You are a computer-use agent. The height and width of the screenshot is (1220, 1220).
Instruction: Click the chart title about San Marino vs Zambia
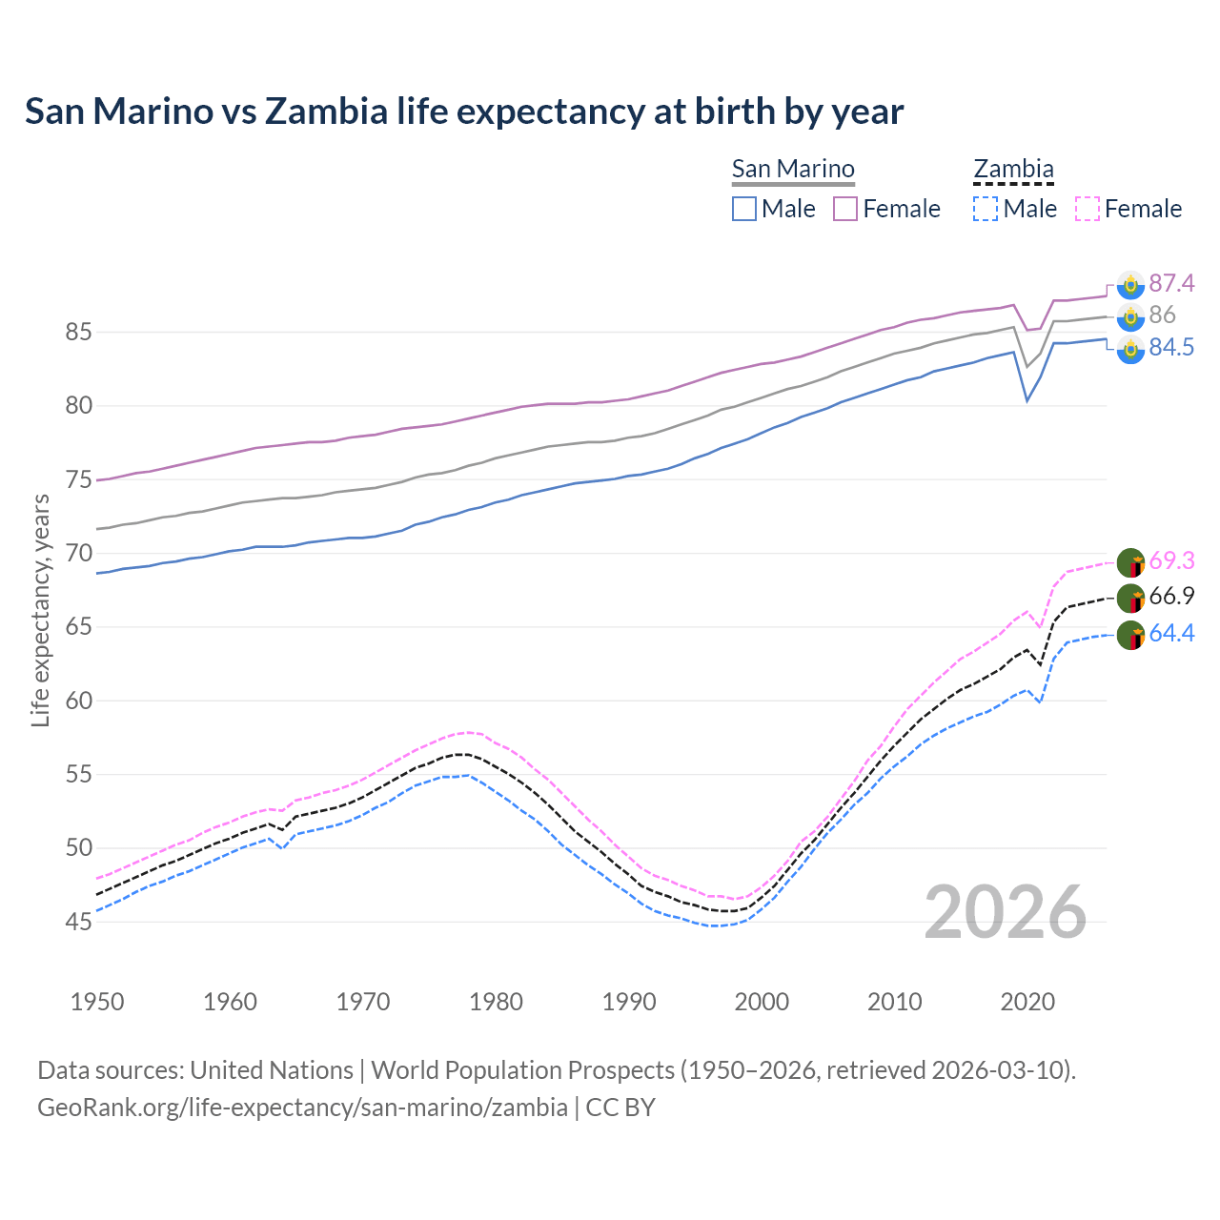click(x=464, y=112)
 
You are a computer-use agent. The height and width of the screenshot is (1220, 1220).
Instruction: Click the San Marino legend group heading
click(x=793, y=170)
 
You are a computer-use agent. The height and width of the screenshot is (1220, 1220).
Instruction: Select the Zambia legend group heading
click(x=1013, y=170)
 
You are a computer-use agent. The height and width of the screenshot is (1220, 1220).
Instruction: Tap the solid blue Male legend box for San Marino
click(x=744, y=209)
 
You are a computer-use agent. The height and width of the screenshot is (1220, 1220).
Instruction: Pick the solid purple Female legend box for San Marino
click(x=846, y=209)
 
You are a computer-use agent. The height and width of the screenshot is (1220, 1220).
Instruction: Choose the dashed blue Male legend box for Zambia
click(x=986, y=209)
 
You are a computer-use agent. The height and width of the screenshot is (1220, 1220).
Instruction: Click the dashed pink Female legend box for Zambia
click(x=1088, y=209)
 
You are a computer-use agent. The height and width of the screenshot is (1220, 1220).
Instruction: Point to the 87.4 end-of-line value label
click(x=1171, y=283)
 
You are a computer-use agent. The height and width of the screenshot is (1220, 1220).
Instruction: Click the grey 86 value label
click(x=1162, y=315)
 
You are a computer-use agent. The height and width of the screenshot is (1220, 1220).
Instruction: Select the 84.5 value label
click(x=1171, y=348)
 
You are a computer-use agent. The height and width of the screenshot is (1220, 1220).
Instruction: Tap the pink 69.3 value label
click(x=1171, y=560)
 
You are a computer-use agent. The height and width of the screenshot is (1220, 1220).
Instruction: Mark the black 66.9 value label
click(x=1171, y=597)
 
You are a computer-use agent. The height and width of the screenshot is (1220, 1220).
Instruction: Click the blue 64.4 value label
click(x=1171, y=634)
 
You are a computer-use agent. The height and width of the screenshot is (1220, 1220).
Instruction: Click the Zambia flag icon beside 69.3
click(x=1130, y=562)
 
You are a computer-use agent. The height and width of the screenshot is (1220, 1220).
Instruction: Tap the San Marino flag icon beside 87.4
click(x=1130, y=285)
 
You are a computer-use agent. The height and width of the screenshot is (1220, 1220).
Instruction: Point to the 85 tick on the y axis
click(x=78, y=333)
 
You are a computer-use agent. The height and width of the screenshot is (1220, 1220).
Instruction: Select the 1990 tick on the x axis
click(x=629, y=1002)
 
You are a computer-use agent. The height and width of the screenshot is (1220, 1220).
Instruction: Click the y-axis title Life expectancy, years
click(x=40, y=610)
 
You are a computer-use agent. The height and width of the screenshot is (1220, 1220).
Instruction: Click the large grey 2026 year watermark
click(x=1006, y=912)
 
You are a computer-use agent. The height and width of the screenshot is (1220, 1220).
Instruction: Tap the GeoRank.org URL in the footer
click(x=302, y=1108)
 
